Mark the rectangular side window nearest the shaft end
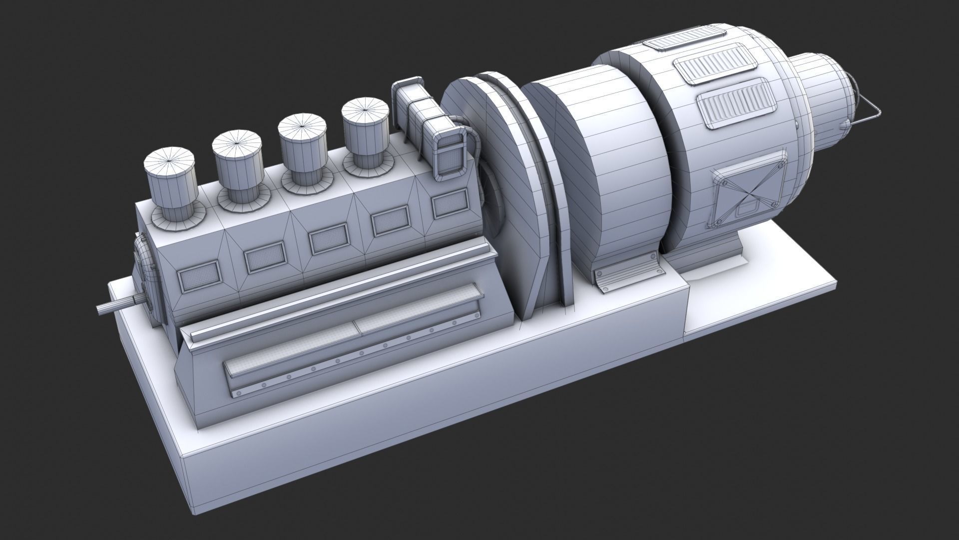click(x=199, y=278)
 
